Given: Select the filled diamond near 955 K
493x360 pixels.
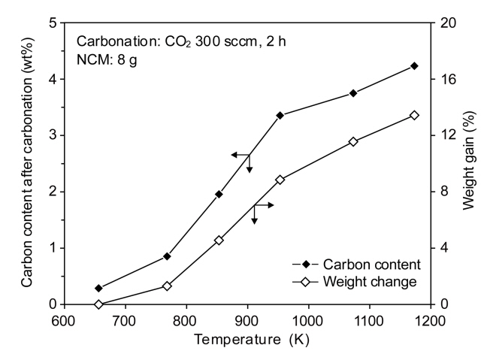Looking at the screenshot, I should click(280, 115).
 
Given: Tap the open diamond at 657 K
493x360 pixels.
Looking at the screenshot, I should click(98, 304).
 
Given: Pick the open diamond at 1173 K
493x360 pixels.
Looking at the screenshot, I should click(414, 115).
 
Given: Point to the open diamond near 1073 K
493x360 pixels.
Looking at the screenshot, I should click(352, 141).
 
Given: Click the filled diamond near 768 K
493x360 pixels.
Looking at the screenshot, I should click(167, 256).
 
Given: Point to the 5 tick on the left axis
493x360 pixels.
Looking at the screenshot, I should click(53, 23).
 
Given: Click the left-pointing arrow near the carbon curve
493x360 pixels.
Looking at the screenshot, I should click(239, 154).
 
